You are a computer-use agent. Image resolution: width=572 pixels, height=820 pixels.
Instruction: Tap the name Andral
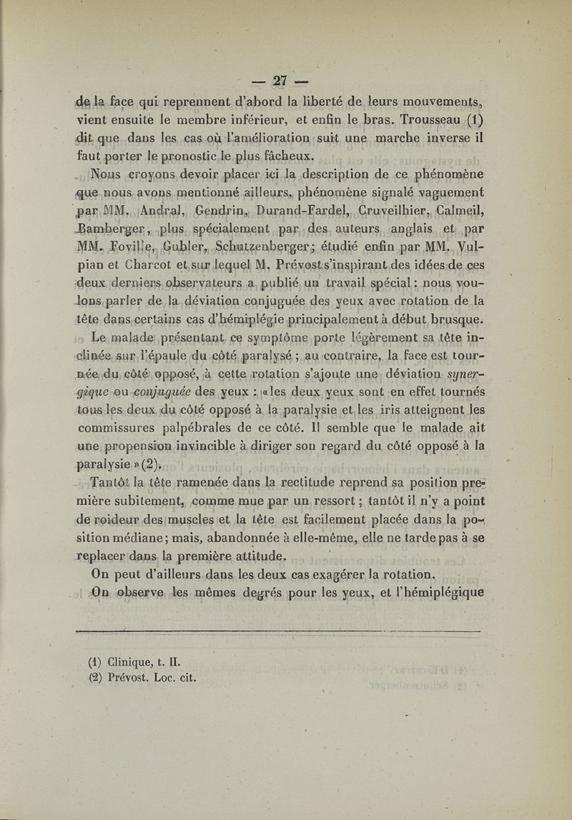(x=164, y=211)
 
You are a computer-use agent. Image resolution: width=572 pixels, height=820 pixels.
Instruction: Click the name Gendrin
(x=223, y=211)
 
